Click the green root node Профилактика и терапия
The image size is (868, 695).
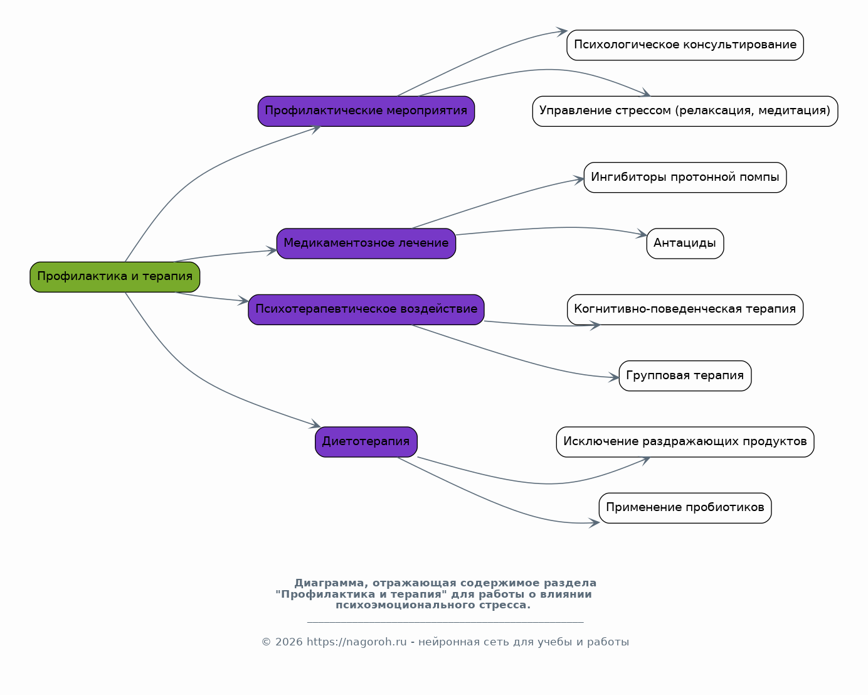pos(115,277)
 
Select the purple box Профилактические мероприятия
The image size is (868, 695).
pos(366,111)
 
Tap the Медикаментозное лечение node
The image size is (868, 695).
pos(366,244)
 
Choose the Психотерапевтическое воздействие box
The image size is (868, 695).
pos(366,310)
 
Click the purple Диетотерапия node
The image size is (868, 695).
pos(366,442)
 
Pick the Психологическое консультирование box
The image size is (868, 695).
pos(685,45)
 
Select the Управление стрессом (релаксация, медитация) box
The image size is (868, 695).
pos(685,112)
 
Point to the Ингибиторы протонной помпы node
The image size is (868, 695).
pos(685,178)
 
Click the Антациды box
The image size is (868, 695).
pos(685,244)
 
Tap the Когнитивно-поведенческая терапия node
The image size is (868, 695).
pos(685,310)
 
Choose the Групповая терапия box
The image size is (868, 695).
pos(685,376)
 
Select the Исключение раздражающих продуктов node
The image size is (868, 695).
pos(685,442)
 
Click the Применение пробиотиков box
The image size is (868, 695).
pos(685,509)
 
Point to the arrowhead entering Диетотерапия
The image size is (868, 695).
pos(315,424)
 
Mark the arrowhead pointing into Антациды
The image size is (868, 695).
pos(642,234)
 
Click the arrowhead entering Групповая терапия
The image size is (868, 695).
pos(614,378)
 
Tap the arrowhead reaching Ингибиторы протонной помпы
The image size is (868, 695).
pos(580,180)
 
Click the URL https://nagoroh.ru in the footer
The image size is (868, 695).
pos(357,642)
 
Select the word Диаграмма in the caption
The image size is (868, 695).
pos(329,583)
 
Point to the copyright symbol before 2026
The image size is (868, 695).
pos(266,642)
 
